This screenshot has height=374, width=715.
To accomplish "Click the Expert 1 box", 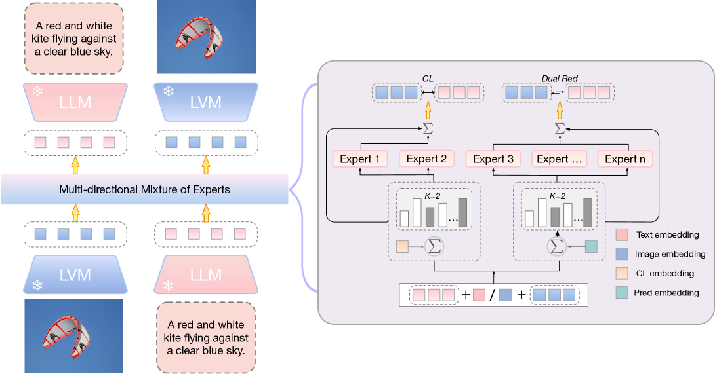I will point(360,159).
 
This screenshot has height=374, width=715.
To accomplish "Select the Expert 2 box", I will point(426,159).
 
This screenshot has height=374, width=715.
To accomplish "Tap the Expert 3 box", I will point(493,159).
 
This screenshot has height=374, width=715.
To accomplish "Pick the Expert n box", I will point(625,159).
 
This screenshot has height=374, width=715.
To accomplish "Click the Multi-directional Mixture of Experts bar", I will point(144,190).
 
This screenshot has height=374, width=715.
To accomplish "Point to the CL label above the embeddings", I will point(428,79).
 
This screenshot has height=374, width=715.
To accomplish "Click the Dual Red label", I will point(559,79).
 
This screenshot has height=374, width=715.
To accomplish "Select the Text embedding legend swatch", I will point(623,234).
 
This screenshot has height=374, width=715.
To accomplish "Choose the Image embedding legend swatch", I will point(623,254).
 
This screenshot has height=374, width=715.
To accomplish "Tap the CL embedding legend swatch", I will point(623,273).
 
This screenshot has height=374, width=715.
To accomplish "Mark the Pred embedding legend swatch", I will point(623,293).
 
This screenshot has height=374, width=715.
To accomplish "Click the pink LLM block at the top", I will point(75,103).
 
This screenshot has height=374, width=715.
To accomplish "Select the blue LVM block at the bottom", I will point(75,274).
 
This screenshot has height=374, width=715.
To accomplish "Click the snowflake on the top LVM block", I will point(168,92).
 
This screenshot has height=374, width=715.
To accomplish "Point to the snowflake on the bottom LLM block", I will point(168,286).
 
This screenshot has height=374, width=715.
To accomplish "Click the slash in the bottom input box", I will point(492,295).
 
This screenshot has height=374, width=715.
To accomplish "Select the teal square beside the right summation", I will point(590,246).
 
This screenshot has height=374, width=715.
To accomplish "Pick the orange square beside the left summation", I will point(402,246).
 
